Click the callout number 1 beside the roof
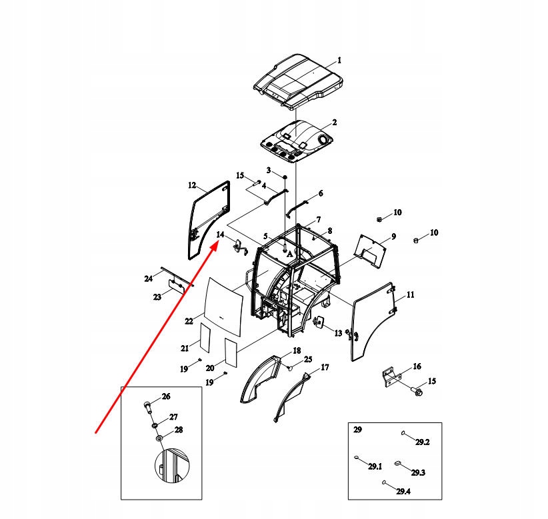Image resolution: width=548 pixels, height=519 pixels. [x=339, y=60]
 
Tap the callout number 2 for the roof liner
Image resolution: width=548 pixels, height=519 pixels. [x=334, y=123]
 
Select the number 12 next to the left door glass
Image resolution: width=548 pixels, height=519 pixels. [x=191, y=185]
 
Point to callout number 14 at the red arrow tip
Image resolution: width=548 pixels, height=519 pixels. [x=220, y=235]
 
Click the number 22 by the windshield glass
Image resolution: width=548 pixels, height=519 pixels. [x=189, y=321]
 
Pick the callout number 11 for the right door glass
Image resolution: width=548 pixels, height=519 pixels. [x=410, y=294]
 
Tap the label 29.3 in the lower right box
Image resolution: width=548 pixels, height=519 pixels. [x=418, y=472]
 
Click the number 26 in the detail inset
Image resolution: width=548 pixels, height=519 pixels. [x=166, y=396]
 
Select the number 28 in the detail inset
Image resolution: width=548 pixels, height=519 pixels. [x=178, y=430]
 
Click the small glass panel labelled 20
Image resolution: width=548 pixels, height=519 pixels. [x=230, y=351]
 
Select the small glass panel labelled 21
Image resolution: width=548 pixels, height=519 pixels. [x=203, y=338]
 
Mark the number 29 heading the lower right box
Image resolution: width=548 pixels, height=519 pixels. [x=357, y=430]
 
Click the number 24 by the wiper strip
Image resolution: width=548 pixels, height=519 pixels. [x=149, y=278]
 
